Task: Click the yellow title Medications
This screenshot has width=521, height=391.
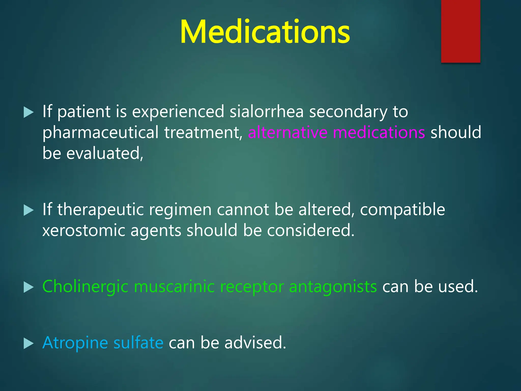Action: [x=265, y=32]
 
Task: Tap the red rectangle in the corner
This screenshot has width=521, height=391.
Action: [x=460, y=31]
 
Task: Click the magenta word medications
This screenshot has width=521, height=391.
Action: [x=379, y=133]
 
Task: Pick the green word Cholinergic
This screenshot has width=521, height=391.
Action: [x=85, y=287]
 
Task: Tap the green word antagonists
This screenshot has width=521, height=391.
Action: [x=333, y=287]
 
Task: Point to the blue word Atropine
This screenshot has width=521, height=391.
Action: [x=75, y=343]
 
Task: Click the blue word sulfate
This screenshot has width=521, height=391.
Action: [x=138, y=343]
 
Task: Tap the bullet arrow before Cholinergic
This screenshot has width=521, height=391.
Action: [x=28, y=287]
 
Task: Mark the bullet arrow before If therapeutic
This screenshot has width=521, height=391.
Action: [x=28, y=210]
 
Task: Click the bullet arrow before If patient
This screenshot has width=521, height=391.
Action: [x=28, y=112]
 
